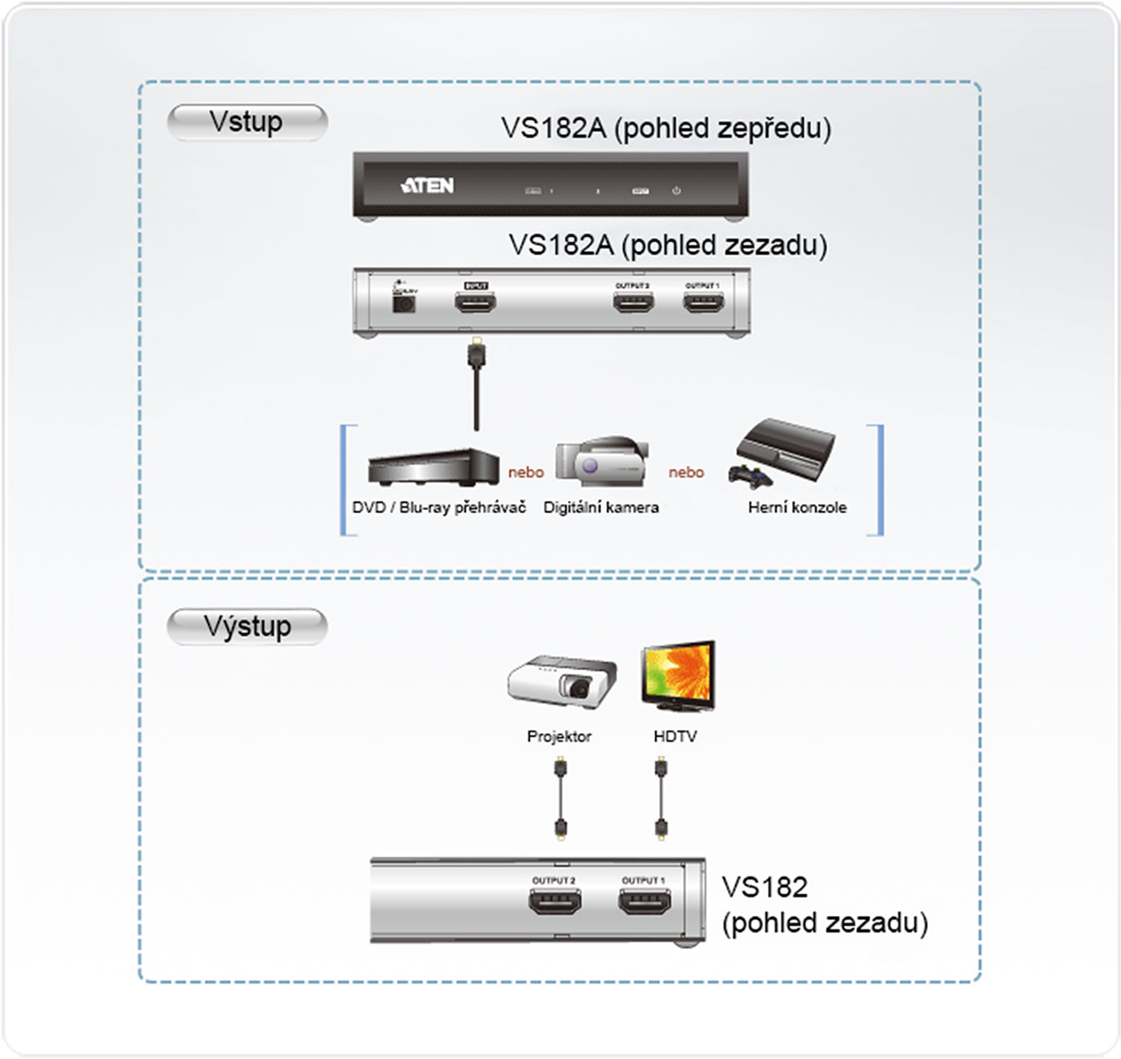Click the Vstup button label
click(247, 122)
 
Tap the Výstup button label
click(247, 626)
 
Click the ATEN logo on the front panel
click(427, 186)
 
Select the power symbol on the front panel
click(677, 191)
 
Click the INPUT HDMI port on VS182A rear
click(476, 302)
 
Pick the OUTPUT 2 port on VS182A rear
click(633, 302)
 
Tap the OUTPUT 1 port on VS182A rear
click(703, 302)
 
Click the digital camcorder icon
click(601, 462)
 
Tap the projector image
click(562, 682)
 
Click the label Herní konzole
click(797, 507)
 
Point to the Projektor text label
click(559, 736)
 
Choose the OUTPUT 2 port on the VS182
click(555, 902)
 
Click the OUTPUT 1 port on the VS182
click(645, 902)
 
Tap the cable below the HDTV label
click(661, 799)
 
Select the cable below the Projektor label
click(560, 799)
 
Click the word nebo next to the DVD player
click(526, 472)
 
